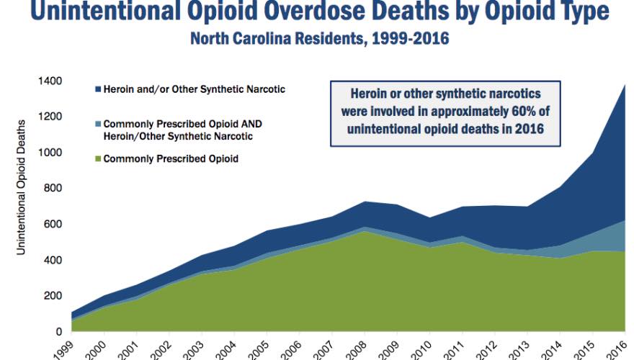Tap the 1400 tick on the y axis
coord(50,81)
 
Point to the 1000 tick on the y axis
coord(50,153)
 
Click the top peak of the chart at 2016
coord(625,85)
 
